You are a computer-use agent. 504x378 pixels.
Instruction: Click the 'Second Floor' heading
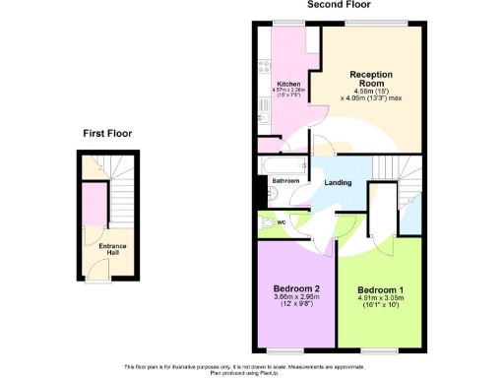pyautogui.click(x=340, y=5)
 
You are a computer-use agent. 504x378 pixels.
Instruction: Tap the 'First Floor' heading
pyautogui.click(x=106, y=133)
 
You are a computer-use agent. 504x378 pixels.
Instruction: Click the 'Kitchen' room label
pyautogui.click(x=288, y=84)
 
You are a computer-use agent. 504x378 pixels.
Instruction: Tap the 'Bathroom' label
pyautogui.click(x=285, y=181)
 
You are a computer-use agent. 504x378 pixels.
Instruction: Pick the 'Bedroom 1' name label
pyautogui.click(x=379, y=290)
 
